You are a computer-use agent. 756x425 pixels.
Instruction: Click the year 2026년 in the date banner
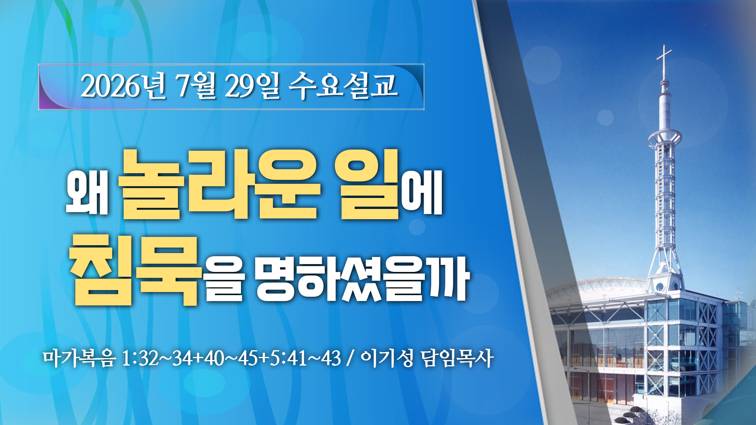point(123,86)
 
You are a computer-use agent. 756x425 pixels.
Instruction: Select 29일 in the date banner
point(252,86)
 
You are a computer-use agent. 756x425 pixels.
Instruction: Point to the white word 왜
point(87,193)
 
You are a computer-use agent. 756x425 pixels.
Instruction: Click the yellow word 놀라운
point(219,185)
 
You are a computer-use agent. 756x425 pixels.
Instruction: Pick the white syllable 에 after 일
point(422,193)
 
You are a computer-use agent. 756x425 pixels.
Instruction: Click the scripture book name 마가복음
point(79,358)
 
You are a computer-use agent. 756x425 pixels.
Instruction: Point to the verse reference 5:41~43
point(305,358)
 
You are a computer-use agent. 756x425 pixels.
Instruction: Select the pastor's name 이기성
point(387,358)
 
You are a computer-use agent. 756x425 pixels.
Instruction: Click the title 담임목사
point(457,358)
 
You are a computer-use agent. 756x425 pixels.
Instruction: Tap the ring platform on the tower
point(665,138)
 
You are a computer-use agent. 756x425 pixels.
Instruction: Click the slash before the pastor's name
point(350,358)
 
